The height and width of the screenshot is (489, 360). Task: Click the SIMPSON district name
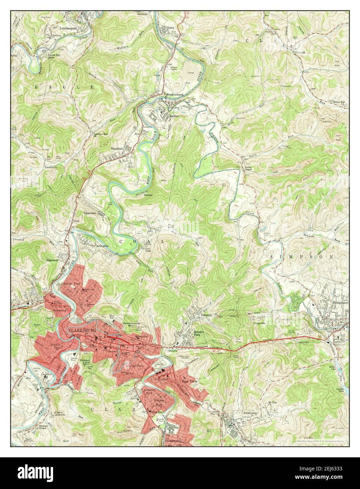[302, 258]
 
